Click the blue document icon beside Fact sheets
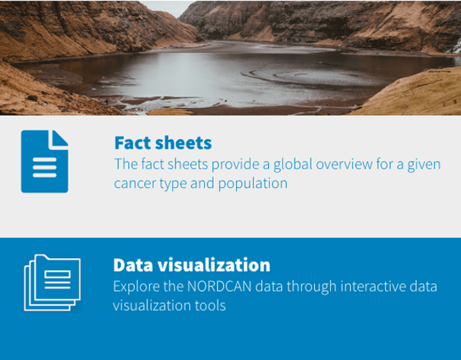[45, 161]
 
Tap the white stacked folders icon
[52, 283]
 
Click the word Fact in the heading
[133, 143]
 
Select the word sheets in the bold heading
[183, 143]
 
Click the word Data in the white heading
[133, 265]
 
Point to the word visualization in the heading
[213, 265]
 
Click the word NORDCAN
[219, 287]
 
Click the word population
[253, 184]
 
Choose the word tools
[210, 305]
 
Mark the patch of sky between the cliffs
[166, 8]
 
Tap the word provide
[237, 165]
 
